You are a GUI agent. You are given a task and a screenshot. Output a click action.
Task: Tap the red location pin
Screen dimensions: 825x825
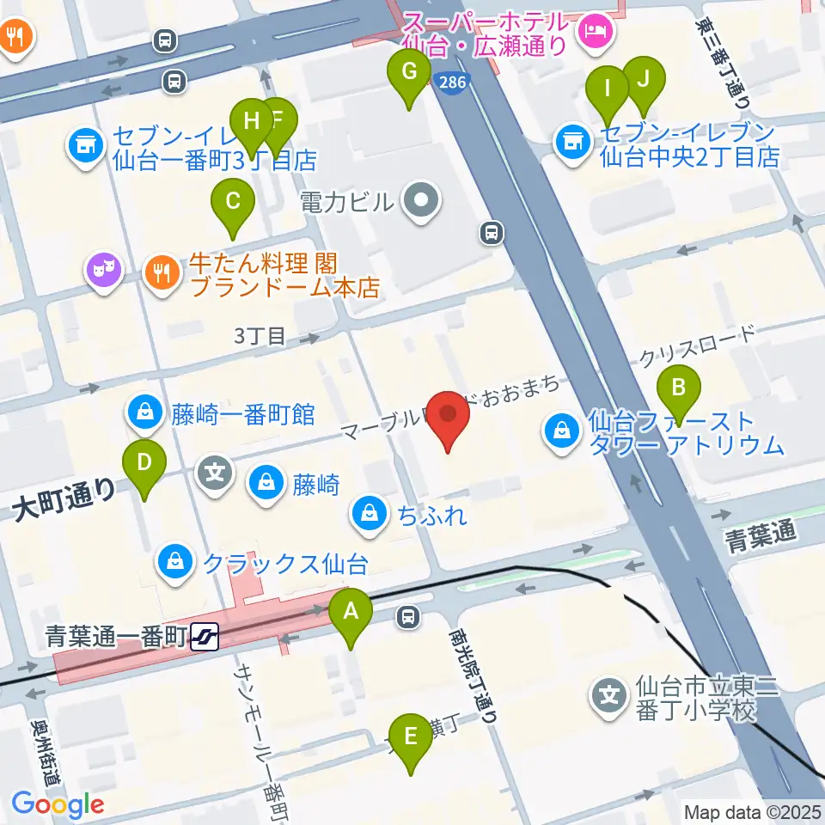[449, 417]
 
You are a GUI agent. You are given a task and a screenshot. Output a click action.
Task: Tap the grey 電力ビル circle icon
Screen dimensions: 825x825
[421, 203]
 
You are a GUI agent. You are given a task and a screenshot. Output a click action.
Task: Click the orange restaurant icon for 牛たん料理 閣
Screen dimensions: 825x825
[161, 272]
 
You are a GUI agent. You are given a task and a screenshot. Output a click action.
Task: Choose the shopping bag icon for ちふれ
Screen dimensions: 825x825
[369, 515]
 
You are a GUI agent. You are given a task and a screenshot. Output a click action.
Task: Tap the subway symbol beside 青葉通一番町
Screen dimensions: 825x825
[205, 637]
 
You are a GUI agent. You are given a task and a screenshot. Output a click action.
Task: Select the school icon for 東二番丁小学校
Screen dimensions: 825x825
[611, 694]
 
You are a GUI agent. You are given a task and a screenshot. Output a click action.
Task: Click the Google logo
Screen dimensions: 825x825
[58, 804]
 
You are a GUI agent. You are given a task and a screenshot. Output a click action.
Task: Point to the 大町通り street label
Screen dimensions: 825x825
[64, 501]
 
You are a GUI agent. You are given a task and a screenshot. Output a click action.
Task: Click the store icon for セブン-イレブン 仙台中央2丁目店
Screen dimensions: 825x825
[571, 143]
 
